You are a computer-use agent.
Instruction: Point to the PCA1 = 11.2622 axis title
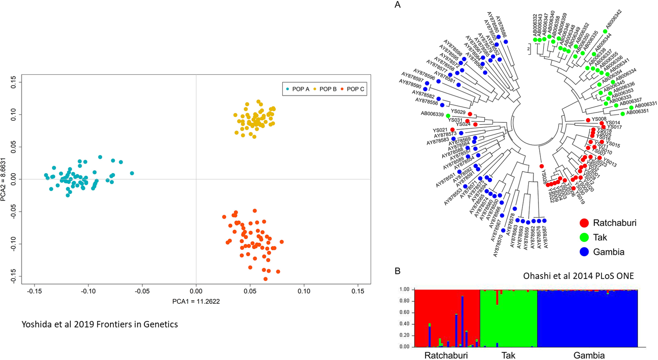[196, 301]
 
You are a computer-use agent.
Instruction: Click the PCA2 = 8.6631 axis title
[4, 179]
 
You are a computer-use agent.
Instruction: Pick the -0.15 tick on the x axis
[34, 291]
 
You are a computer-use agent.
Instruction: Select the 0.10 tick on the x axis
[304, 291]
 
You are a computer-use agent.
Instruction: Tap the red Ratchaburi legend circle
[584, 223]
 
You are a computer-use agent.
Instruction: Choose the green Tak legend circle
[584, 237]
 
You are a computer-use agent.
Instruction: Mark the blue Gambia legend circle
[584, 252]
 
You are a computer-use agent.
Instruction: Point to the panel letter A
[397, 5]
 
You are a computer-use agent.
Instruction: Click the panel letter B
[397, 271]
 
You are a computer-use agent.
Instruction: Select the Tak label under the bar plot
[508, 355]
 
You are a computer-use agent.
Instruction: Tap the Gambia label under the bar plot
[589, 355]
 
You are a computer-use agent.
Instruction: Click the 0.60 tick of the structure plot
[404, 312]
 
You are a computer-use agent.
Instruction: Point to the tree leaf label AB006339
[432, 114]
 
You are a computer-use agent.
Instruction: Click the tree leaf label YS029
[458, 112]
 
